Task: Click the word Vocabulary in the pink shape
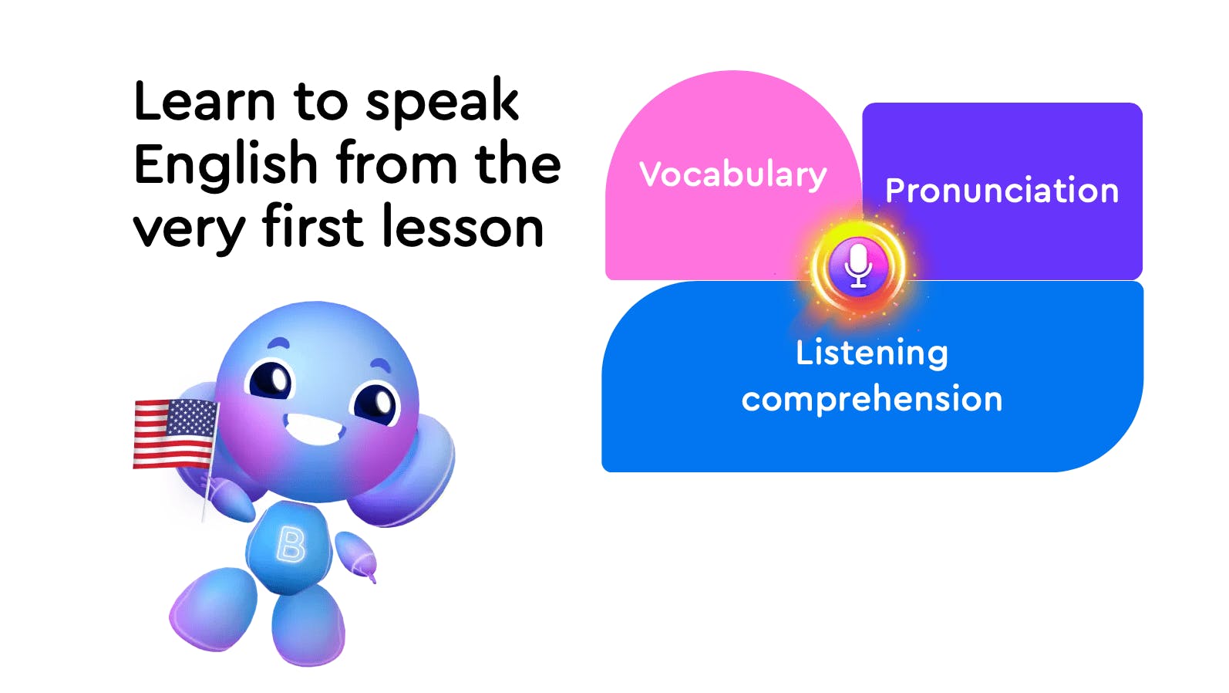(x=733, y=175)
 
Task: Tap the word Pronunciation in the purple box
(x=1002, y=191)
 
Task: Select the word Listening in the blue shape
(x=872, y=353)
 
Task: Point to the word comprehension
(x=872, y=399)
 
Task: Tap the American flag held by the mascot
(x=176, y=434)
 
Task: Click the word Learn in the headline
(x=204, y=101)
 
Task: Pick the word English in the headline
(x=225, y=164)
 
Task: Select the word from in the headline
(x=396, y=163)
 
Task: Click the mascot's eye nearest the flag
(x=271, y=378)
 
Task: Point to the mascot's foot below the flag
(x=214, y=609)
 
